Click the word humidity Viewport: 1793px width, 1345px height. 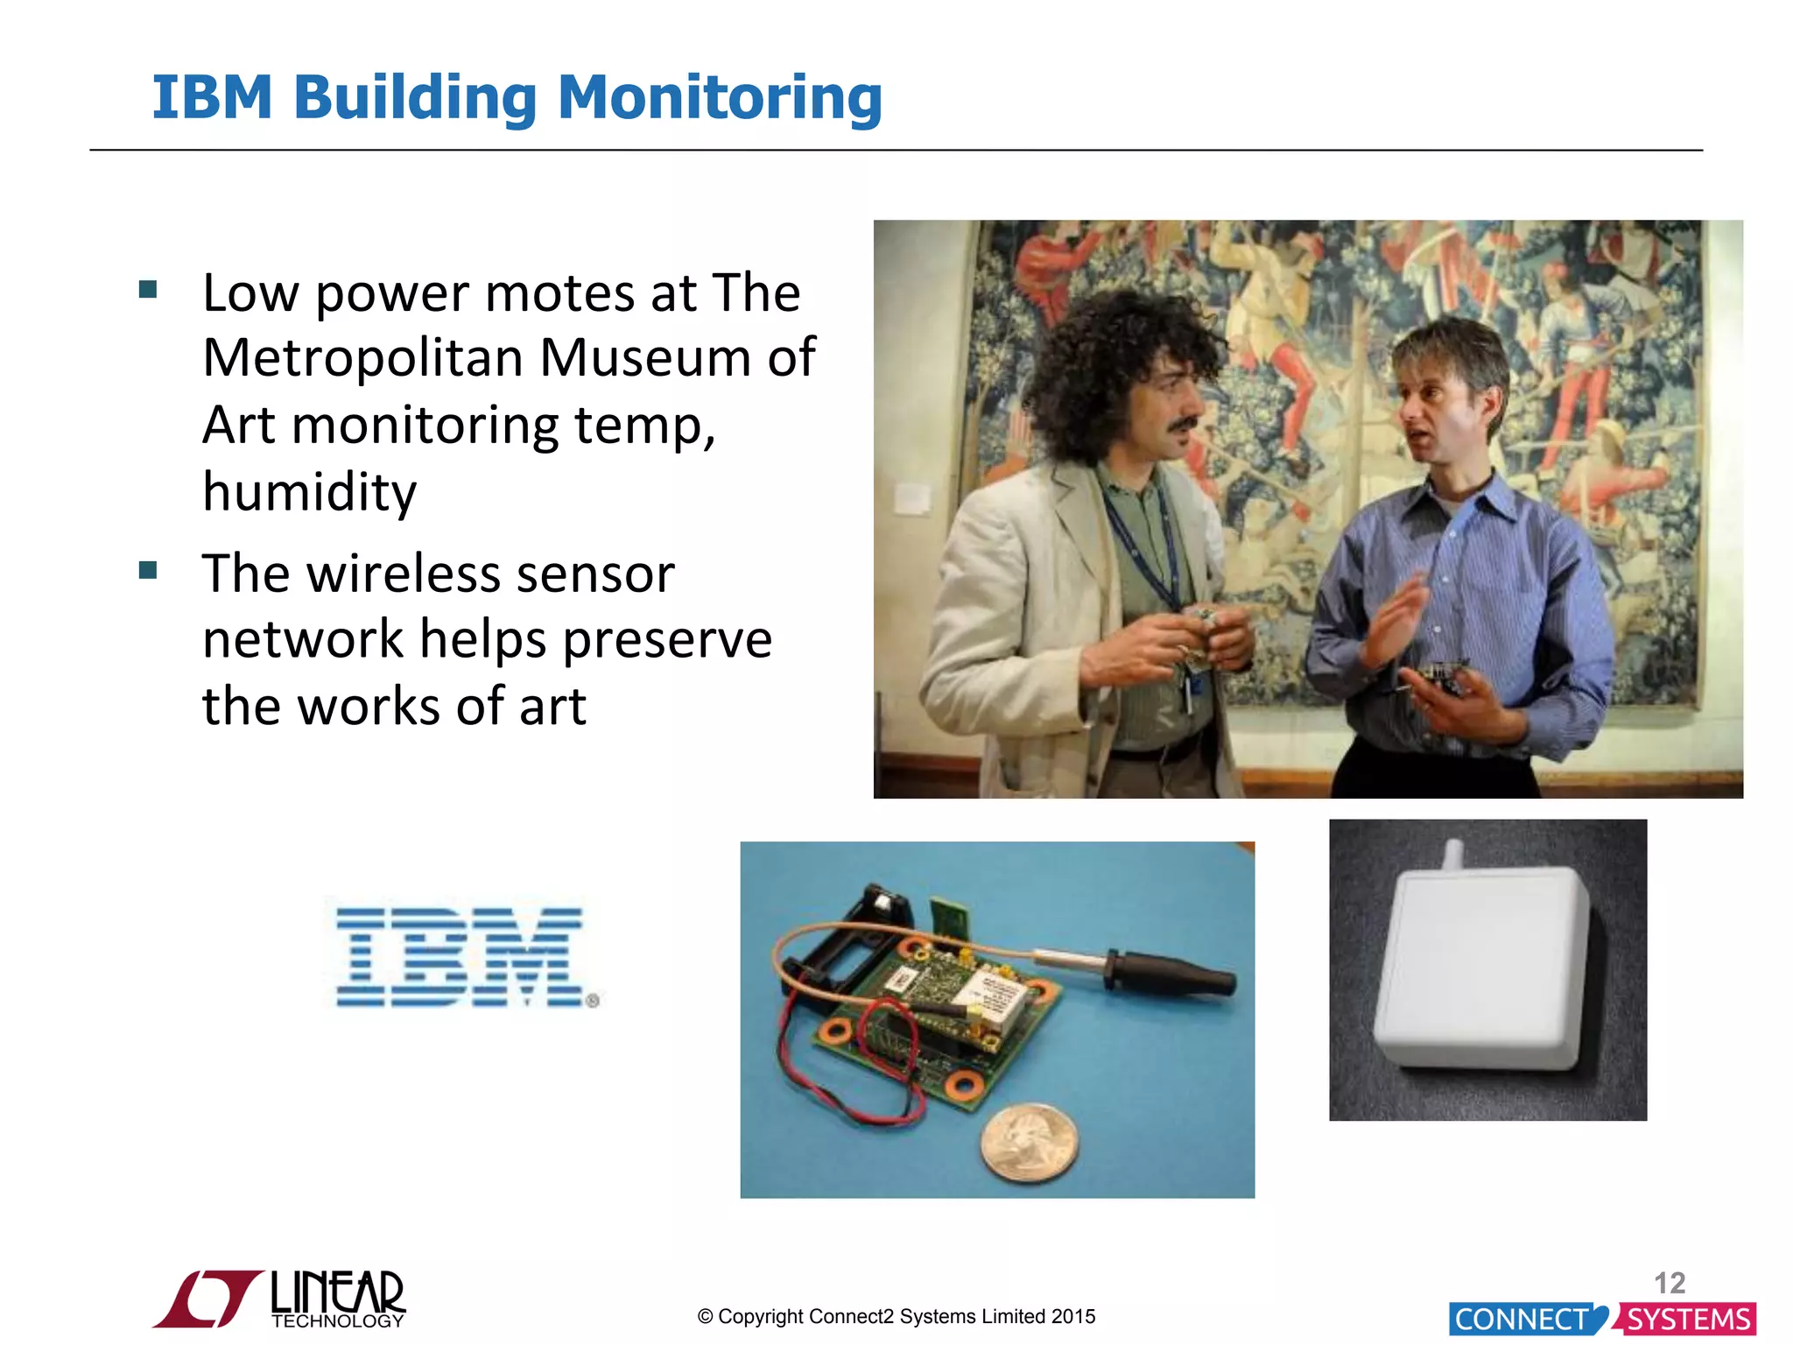(309, 491)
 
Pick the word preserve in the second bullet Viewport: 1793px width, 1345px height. (667, 639)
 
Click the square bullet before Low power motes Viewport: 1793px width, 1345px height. (148, 289)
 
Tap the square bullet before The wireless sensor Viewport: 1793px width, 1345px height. (148, 571)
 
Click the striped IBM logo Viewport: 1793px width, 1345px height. (461, 957)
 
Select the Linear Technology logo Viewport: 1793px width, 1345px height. (280, 1299)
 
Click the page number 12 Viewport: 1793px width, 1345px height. (1670, 1283)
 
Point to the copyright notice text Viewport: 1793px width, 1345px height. (896, 1316)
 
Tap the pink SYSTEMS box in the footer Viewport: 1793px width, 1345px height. (1688, 1319)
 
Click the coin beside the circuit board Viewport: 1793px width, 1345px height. (1029, 1142)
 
